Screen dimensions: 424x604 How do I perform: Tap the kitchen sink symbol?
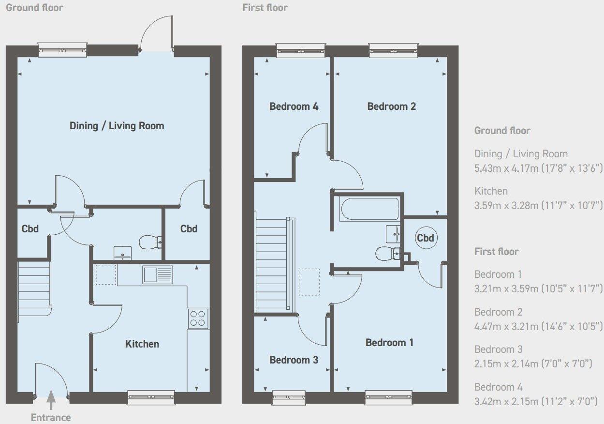[157, 274]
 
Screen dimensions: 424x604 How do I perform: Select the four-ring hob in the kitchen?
[198, 318]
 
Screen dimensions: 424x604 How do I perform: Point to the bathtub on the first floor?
[369, 208]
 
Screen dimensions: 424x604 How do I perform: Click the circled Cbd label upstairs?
[426, 238]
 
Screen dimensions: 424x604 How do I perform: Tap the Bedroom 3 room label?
[294, 360]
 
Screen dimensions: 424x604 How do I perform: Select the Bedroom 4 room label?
[294, 106]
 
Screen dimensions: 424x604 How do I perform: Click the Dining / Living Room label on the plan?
[117, 126]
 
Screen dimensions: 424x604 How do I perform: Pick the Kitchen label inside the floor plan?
[142, 344]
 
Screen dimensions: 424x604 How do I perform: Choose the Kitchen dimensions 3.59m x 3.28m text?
[538, 206]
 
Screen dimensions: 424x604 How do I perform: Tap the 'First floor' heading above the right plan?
[265, 8]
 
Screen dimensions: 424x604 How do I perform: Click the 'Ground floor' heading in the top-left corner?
[34, 8]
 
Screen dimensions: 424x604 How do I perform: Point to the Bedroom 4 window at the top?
[300, 50]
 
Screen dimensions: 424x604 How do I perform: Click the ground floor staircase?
[34, 288]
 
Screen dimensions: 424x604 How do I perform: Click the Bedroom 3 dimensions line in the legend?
[533, 363]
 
